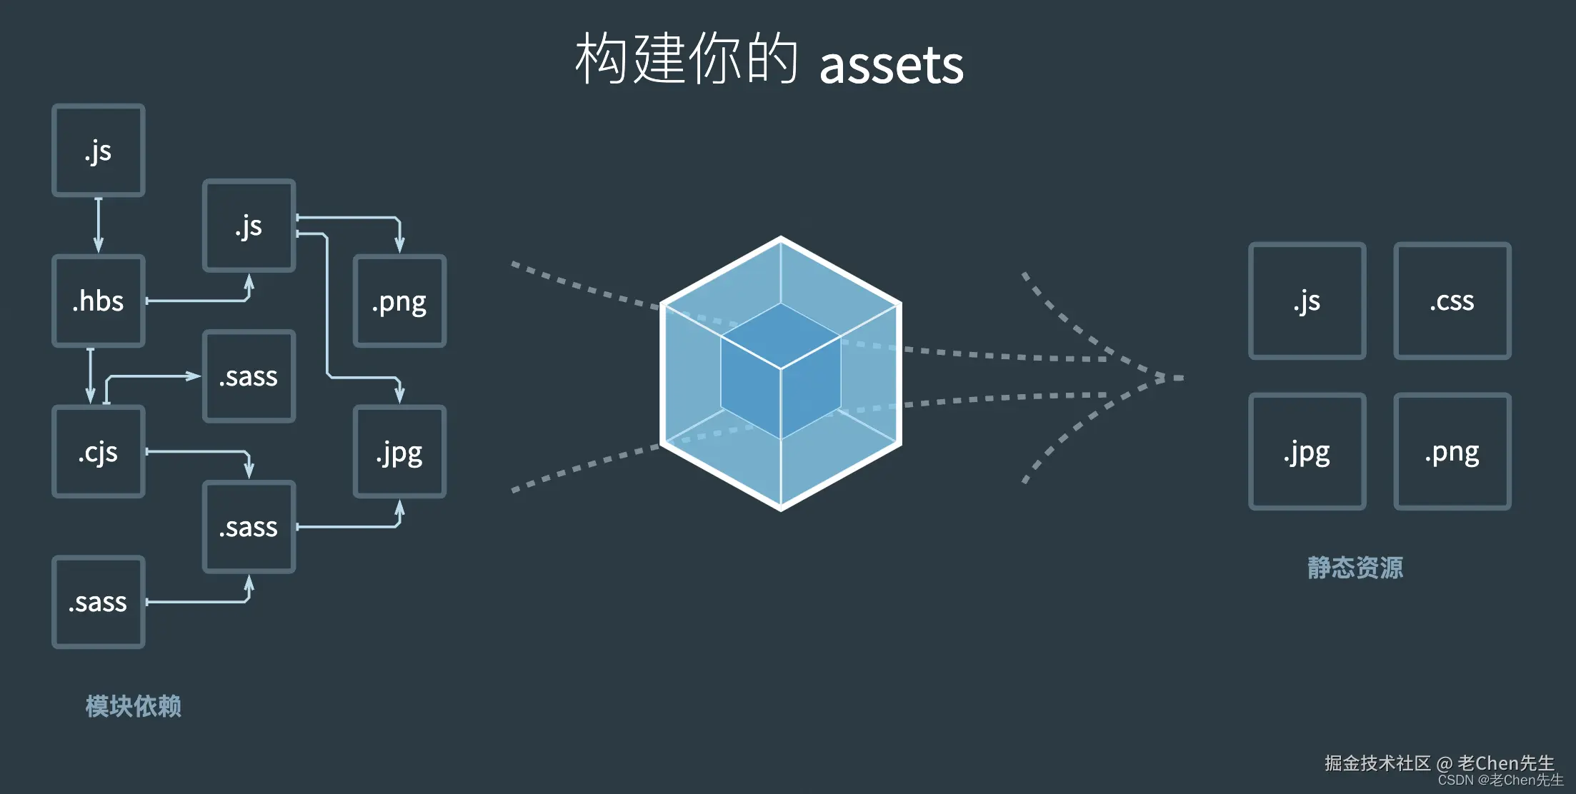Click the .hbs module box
(x=99, y=301)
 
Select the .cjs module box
(x=99, y=451)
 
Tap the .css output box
(x=1452, y=301)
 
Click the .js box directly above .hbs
(x=99, y=150)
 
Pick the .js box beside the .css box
(x=1307, y=301)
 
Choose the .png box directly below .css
(x=1452, y=451)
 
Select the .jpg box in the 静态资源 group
(x=1307, y=451)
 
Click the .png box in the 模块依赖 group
(x=399, y=301)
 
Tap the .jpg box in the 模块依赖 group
(x=399, y=451)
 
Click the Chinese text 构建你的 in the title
(x=686, y=59)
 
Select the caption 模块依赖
(x=133, y=706)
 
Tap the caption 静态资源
(x=1355, y=568)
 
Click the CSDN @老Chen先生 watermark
(x=1500, y=780)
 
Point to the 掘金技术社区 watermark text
(x=1377, y=763)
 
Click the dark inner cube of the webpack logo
(x=780, y=371)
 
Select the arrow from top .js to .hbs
(x=99, y=225)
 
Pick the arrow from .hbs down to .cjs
(x=90, y=376)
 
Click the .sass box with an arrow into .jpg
(x=249, y=527)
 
